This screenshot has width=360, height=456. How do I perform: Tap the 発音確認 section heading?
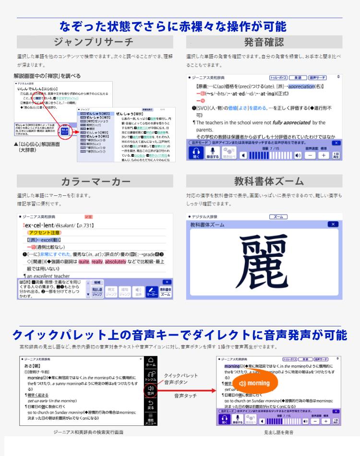264,42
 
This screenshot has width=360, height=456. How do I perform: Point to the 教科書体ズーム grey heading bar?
264,181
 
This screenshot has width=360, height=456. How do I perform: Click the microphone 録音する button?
212,153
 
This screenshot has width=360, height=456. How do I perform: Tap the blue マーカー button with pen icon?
152,291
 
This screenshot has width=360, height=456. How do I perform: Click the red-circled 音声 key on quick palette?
151,391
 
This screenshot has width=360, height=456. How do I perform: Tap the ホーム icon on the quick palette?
151,363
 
